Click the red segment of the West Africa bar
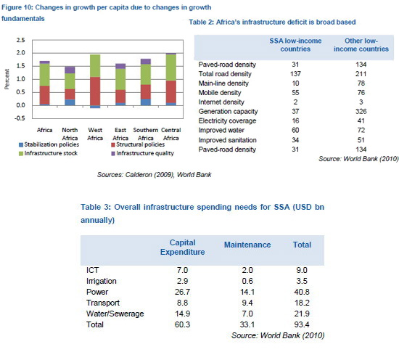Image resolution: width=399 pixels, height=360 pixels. pos(95,91)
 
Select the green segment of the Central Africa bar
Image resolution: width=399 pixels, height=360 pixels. pos(171,67)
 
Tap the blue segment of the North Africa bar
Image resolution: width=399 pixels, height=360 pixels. pos(70,102)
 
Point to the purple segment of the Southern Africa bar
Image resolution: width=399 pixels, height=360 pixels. pos(146,62)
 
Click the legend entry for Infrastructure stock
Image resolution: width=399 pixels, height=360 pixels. pos(49,153)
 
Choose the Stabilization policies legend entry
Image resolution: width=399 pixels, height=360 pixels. pos(49,144)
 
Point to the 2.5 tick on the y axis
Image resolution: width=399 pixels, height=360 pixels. pos(21,40)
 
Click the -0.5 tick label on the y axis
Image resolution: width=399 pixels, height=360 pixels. pos(20,118)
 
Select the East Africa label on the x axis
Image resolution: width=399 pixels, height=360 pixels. pos(120,134)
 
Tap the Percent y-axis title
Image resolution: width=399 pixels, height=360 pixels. pos(7,79)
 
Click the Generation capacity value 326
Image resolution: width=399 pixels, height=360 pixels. pos(361,111)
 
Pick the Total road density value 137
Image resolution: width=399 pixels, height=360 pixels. pos(295,74)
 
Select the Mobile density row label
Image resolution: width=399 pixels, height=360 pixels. pos(220,93)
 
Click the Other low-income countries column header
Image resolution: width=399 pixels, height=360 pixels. pos(361,45)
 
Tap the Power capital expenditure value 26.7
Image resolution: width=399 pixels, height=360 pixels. pos(182,292)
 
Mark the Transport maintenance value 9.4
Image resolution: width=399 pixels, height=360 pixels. pos(247,303)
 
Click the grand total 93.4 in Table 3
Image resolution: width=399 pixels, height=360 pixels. pos(302,324)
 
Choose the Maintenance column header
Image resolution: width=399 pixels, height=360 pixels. pos(247,245)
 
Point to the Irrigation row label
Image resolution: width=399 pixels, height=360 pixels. pos(102,281)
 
